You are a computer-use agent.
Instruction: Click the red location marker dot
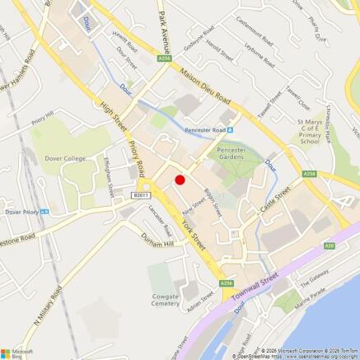click(x=180, y=180)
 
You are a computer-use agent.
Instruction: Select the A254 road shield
click(x=310, y=174)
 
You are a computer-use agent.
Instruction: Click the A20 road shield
click(x=329, y=245)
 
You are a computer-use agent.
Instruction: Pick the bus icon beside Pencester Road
click(x=230, y=129)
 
